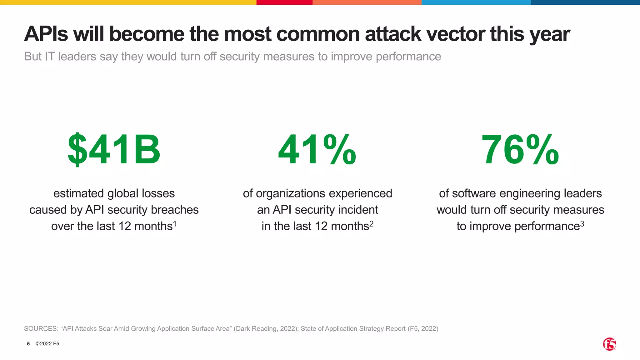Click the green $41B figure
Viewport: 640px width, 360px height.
114,149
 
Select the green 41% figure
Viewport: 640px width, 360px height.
317,149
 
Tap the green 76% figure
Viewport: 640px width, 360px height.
520,149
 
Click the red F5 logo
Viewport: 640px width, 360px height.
609,344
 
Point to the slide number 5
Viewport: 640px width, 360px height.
28,344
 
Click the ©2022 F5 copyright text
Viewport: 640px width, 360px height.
47,344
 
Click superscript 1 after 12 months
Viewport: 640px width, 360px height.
175,224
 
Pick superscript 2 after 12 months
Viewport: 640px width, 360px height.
371,224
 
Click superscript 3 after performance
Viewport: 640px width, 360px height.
582,224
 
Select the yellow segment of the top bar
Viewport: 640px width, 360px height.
128,2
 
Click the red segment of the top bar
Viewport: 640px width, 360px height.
284,2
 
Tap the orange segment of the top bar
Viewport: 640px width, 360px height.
367,2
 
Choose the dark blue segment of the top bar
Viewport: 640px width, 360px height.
585,2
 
